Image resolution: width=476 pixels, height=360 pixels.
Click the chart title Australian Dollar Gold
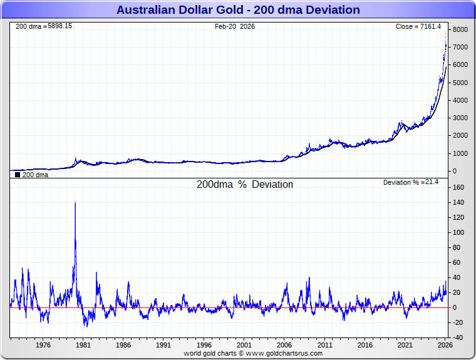pyautogui.click(x=238, y=9)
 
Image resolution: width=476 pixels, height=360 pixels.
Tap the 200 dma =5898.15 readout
pyautogui.click(x=43, y=26)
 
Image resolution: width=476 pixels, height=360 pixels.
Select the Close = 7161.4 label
pyautogui.click(x=418, y=26)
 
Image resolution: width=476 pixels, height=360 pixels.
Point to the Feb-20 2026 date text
pyautogui.click(x=234, y=26)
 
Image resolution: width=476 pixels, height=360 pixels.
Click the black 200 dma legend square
pyautogui.click(x=18, y=175)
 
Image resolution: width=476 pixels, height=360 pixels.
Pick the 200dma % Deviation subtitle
pyautogui.click(x=244, y=185)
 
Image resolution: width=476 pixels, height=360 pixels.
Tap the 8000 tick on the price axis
pyautogui.click(x=460, y=29)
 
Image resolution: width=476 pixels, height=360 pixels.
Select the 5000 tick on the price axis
pyautogui.click(x=460, y=83)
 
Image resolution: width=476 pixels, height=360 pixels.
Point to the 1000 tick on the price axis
pyautogui.click(x=460, y=153)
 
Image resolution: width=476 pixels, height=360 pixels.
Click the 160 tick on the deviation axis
pyautogui.click(x=458, y=187)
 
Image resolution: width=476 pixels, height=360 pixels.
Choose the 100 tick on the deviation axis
pyautogui.click(x=458, y=232)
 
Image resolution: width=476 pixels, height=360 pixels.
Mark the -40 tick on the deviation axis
pyautogui.click(x=458, y=337)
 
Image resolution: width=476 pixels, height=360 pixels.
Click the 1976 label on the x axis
pyautogui.click(x=43, y=345)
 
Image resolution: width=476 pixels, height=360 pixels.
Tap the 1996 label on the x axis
pyautogui.click(x=204, y=345)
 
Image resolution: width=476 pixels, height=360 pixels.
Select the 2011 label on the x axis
pyautogui.click(x=324, y=345)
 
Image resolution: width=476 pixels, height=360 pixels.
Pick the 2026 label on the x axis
pyautogui.click(x=445, y=345)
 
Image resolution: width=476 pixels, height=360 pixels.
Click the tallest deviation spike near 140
pyautogui.click(x=75, y=204)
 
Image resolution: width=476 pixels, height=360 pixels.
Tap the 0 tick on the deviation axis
pyautogui.click(x=455, y=307)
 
